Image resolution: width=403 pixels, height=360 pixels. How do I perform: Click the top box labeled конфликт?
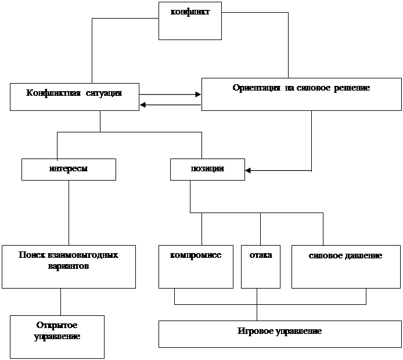point(190,21)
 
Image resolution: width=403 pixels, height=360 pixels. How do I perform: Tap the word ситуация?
point(103,93)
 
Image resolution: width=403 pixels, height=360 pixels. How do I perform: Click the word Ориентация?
point(256,88)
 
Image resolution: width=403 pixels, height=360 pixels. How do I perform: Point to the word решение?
point(352,88)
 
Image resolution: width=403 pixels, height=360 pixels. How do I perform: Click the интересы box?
point(69,170)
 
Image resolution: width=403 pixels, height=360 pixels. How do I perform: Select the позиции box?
point(207,170)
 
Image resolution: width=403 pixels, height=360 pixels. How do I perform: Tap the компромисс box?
point(196,267)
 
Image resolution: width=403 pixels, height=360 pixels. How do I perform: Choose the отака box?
point(261,267)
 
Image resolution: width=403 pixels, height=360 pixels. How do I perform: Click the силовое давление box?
point(346,267)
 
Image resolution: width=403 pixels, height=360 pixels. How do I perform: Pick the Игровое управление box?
point(280,334)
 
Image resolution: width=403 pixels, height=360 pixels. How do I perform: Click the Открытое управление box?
point(57,337)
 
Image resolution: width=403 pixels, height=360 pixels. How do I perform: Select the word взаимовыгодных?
point(83,255)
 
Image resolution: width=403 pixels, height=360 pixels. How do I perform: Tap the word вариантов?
point(69,266)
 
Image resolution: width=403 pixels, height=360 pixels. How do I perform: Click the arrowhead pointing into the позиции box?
point(248,170)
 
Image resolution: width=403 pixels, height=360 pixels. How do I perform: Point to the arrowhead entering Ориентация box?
point(198,95)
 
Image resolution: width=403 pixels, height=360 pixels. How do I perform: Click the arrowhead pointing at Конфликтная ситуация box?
point(143,105)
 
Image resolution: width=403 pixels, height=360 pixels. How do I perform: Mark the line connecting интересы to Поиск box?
point(69,213)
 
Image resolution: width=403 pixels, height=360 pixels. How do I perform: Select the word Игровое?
point(256,331)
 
